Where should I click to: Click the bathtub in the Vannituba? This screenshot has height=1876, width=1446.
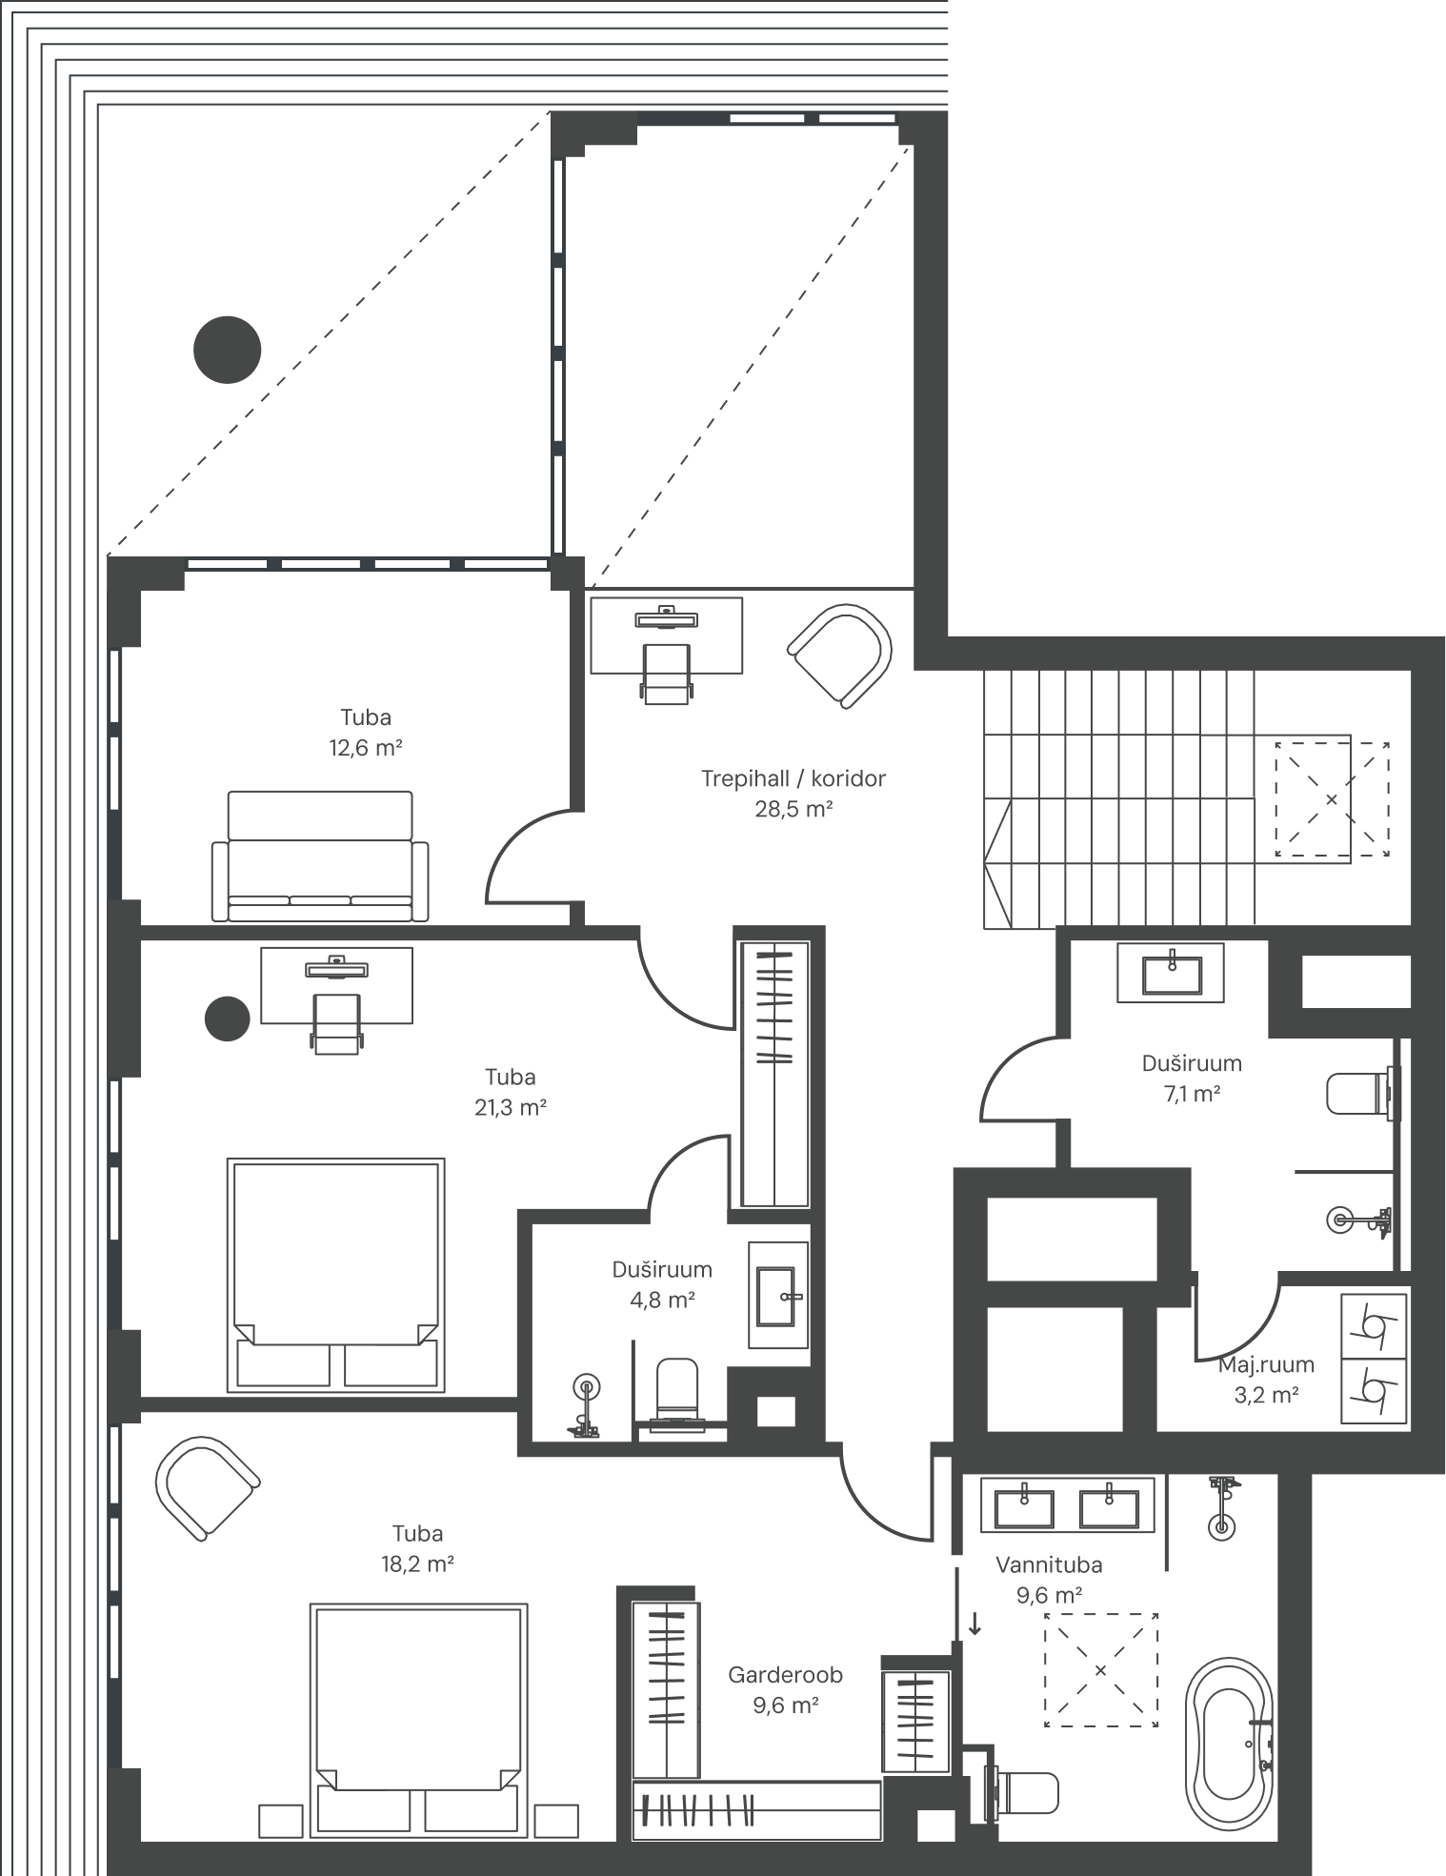(1229, 1743)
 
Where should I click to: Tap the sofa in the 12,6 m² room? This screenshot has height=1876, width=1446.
(320, 857)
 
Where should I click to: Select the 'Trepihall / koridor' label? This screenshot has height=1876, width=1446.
(793, 778)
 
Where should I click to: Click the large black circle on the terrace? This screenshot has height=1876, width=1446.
(228, 350)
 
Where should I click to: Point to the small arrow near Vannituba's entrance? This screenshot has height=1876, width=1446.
(974, 1624)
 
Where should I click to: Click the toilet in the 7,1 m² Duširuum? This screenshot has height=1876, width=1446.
(1363, 1093)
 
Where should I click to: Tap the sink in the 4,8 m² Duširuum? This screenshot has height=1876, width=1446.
(779, 1295)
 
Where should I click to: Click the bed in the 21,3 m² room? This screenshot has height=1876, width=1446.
(336, 1275)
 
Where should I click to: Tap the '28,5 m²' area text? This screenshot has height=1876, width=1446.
(793, 810)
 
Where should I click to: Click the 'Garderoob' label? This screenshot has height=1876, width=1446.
(786, 1674)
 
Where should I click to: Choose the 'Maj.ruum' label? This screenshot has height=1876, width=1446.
(1267, 1364)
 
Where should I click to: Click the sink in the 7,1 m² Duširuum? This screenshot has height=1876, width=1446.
(1171, 973)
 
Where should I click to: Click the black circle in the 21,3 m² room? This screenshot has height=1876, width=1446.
(228, 1019)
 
